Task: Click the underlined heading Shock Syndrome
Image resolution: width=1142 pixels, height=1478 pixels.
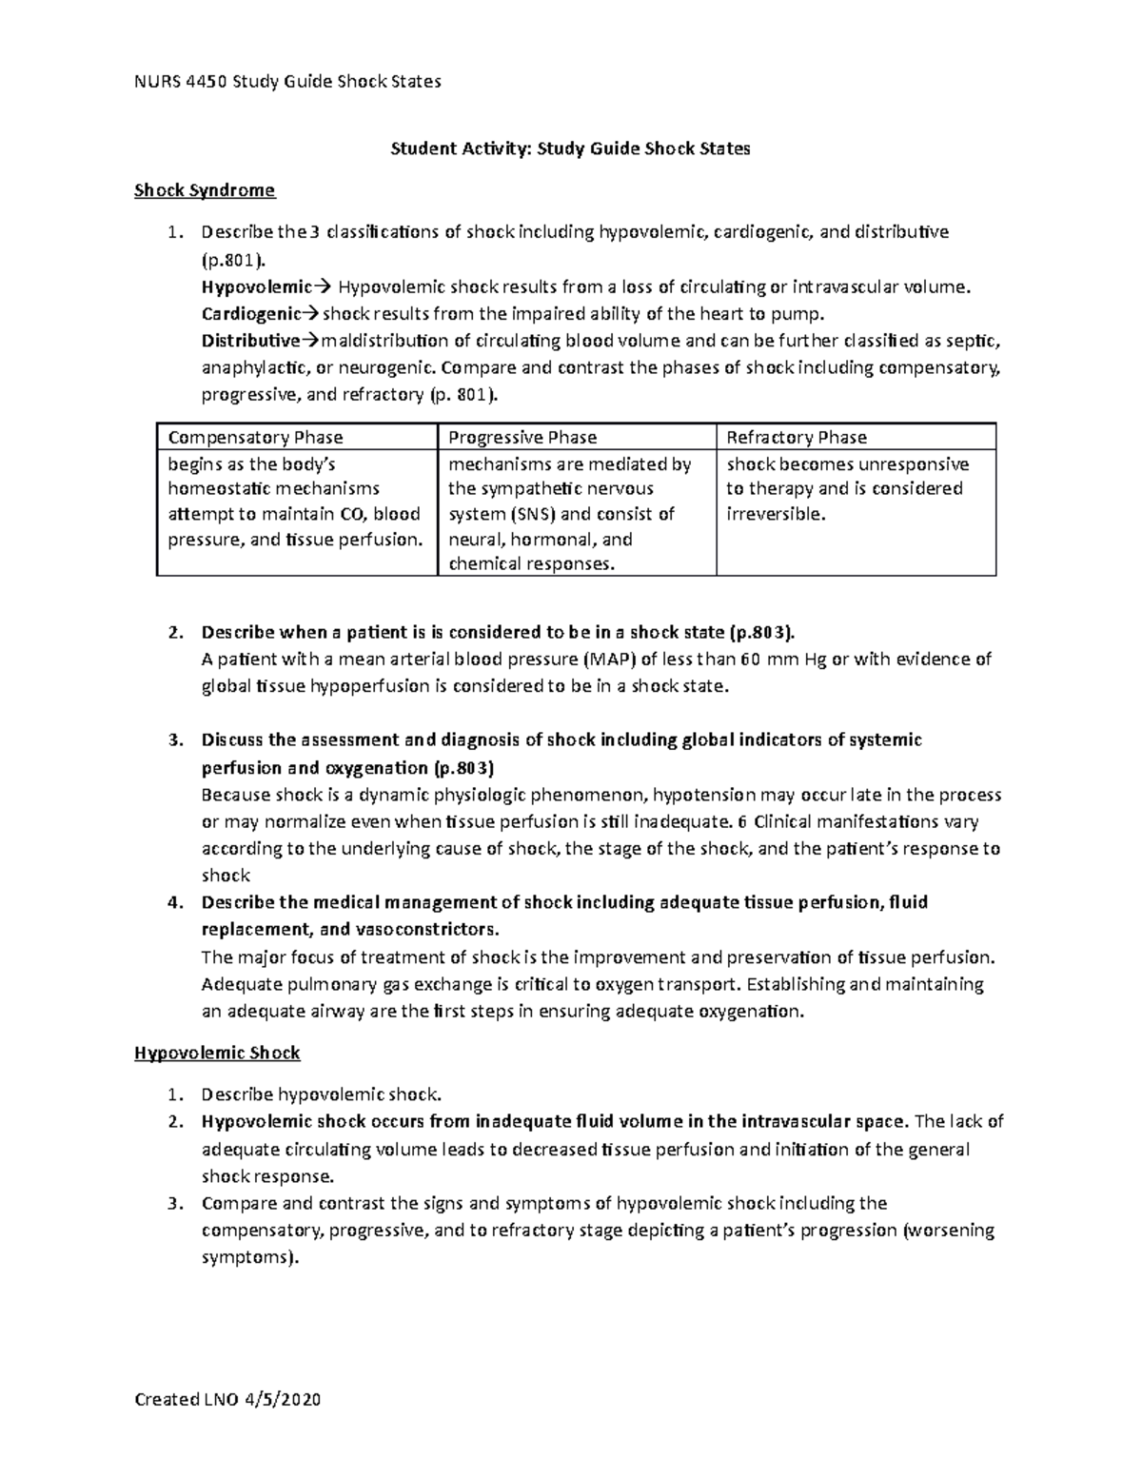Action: click(205, 190)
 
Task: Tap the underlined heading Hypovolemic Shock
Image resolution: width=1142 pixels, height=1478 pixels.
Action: click(217, 1053)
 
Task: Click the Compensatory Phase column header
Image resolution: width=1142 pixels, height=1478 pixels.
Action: click(255, 438)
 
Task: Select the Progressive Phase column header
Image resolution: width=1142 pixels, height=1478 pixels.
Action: click(522, 438)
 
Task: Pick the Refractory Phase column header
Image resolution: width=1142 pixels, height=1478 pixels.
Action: click(797, 438)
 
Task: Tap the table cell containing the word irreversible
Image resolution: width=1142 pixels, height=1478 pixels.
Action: click(855, 489)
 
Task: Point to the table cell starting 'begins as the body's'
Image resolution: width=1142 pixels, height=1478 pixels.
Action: click(294, 502)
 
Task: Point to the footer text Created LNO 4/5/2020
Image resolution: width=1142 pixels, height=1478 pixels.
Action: click(228, 1400)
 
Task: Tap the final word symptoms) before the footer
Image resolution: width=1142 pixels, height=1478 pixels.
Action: click(250, 1257)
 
